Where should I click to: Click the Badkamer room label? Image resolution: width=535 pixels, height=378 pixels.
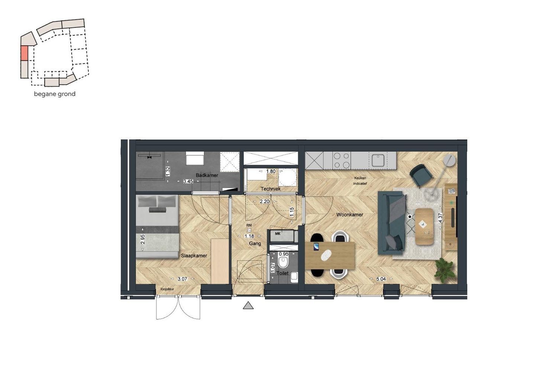207,175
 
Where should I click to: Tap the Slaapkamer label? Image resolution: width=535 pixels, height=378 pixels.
194,255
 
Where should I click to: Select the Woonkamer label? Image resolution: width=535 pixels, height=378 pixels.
350,214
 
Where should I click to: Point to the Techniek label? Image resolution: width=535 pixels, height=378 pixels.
270,189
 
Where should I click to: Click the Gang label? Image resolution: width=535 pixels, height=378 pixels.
255,243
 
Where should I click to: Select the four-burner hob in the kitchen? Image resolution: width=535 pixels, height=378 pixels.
341,160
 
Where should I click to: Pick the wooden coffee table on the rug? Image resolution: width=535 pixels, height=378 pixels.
424,226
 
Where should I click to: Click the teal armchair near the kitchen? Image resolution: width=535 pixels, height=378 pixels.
421,174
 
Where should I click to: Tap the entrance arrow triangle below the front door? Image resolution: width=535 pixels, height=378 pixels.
248,306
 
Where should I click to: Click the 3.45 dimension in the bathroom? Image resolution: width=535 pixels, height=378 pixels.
188,181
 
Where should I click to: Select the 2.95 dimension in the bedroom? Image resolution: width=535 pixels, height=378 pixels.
143,239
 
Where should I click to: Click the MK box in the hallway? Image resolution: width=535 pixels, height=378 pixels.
278,233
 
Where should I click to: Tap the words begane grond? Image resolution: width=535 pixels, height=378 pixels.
55,94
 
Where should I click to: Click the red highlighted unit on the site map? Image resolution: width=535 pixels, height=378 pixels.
24,53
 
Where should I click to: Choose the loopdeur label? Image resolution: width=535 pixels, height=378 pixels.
167,289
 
